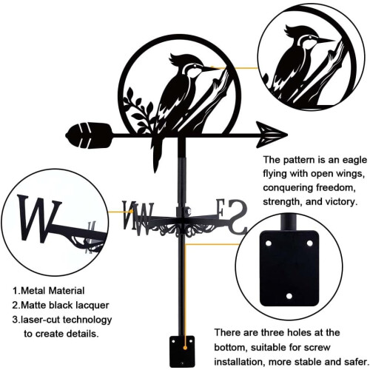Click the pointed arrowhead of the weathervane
[x=272, y=135]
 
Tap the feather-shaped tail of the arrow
[x=89, y=135]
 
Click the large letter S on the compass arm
[x=237, y=217]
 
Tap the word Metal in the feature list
[x=33, y=291]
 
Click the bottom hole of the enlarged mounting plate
[x=289, y=296]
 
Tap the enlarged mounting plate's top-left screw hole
[x=269, y=243]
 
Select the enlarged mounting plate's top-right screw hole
[x=310, y=243]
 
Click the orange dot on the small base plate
[x=185, y=348]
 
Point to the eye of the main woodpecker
[x=195, y=66]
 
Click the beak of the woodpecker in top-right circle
[x=326, y=40]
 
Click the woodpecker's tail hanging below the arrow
[x=157, y=153]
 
